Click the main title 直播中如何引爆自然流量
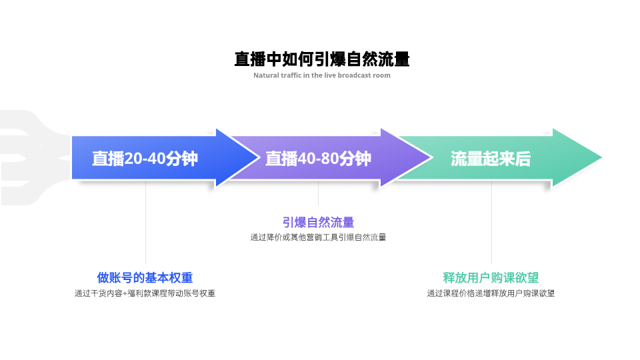(x=321, y=59)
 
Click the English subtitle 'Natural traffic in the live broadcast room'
(x=321, y=75)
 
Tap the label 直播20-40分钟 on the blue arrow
(x=145, y=159)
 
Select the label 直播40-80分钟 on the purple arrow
(x=318, y=159)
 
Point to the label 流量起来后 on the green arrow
(x=491, y=159)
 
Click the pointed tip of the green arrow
(x=601, y=157)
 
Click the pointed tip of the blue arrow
(x=259, y=157)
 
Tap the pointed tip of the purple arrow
(x=432, y=157)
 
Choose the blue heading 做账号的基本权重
(x=145, y=277)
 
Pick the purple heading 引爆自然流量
(x=318, y=223)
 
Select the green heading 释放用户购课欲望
(x=491, y=277)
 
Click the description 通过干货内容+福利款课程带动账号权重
(x=145, y=293)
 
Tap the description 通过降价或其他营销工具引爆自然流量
(x=318, y=237)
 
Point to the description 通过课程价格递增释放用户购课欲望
(x=491, y=293)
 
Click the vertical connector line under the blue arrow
(x=146, y=222)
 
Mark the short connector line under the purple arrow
(x=319, y=193)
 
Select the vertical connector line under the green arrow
(x=491, y=222)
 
